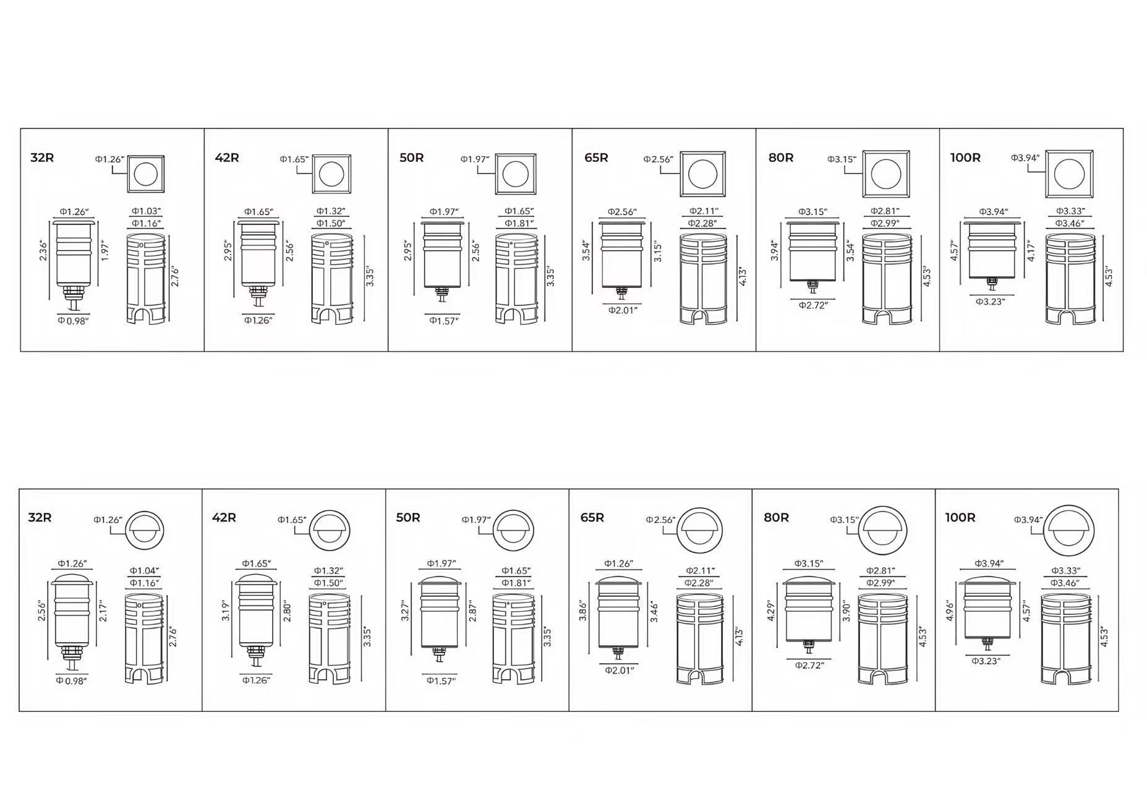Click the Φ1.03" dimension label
pyautogui.click(x=147, y=211)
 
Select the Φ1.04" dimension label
pyautogui.click(x=144, y=571)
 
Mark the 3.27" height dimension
pyautogui.click(x=406, y=611)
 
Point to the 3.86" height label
pyautogui.click(x=583, y=611)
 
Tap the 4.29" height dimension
pyautogui.click(x=770, y=611)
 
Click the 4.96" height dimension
pyautogui.click(x=950, y=611)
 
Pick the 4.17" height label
pyautogui.click(x=1031, y=250)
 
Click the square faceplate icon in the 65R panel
pyautogui.click(x=702, y=174)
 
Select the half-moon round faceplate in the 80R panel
pyautogui.click(x=884, y=530)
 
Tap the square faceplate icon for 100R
pyautogui.click(x=1069, y=175)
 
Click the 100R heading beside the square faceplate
pyautogui.click(x=965, y=158)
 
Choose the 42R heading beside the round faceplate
pyautogui.click(x=224, y=517)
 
